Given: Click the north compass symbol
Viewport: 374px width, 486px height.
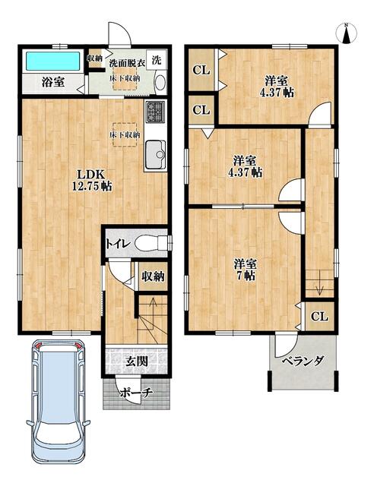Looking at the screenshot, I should (346, 33).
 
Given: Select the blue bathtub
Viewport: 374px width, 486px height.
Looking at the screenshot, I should (53, 60).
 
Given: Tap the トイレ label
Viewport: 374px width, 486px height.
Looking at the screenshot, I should (116, 244).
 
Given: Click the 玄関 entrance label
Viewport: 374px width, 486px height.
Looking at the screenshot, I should (138, 361).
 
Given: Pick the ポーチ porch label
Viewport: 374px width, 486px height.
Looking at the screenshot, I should (138, 392).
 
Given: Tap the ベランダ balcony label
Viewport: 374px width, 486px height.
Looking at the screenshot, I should (304, 361).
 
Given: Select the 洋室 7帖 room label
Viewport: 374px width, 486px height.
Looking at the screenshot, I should (245, 270).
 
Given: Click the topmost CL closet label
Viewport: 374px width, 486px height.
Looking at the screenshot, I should (201, 71).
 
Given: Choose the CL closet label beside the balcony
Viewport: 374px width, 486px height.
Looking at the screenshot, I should (319, 316).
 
